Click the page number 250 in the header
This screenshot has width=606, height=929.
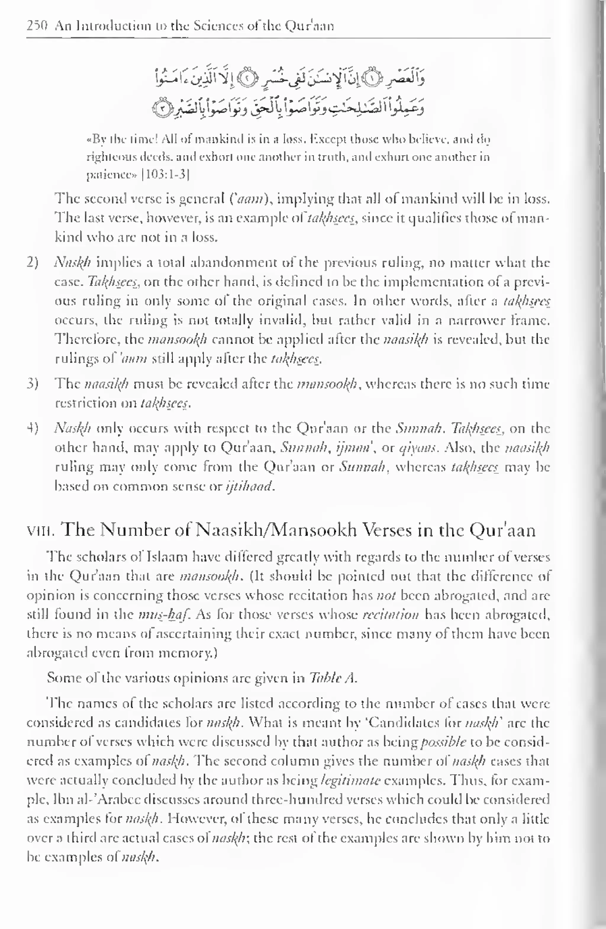[37, 26]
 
